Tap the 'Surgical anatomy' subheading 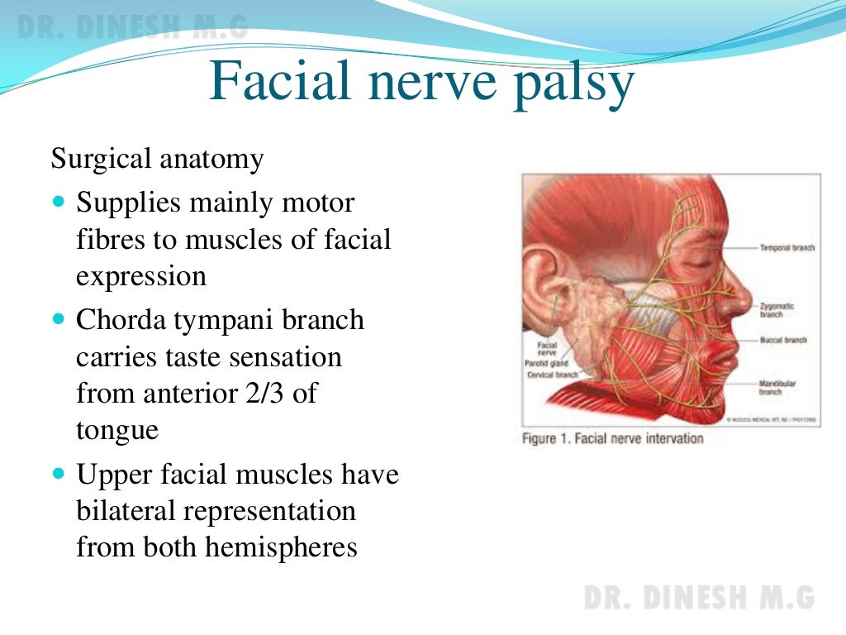[157, 158]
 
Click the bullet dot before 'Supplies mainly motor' [58, 201]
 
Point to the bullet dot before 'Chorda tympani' [58, 318]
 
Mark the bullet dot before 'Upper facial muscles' [58, 475]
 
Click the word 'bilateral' [125, 510]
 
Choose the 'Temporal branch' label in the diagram [787, 247]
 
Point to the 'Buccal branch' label [782, 340]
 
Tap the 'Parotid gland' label [545, 363]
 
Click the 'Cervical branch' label [551, 375]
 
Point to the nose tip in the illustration [747, 296]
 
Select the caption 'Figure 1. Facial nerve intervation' [612, 438]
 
